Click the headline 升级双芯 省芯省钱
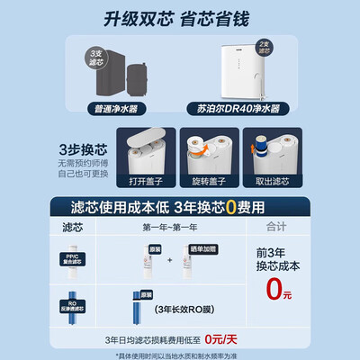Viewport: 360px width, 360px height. click(x=180, y=19)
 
